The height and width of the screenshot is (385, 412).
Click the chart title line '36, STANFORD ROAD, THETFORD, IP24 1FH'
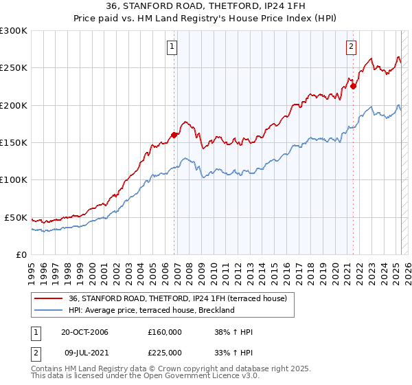tap(206, 6)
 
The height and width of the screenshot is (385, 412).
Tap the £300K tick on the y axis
tap(14, 31)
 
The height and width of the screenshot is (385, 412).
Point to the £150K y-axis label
tap(14, 143)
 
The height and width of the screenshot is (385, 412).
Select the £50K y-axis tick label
tap(16, 217)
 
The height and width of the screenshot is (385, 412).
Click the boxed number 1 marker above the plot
tap(171, 47)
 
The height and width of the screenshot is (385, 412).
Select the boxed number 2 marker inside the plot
tap(351, 47)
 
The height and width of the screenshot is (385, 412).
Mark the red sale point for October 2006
tap(174, 135)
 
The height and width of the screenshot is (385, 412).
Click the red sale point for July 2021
tap(354, 87)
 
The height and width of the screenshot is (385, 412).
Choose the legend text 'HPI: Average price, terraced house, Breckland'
tap(152, 310)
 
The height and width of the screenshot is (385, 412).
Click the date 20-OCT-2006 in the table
tap(84, 332)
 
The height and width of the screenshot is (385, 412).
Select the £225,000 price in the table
tap(165, 353)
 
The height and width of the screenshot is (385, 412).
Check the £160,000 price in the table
tap(165, 332)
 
